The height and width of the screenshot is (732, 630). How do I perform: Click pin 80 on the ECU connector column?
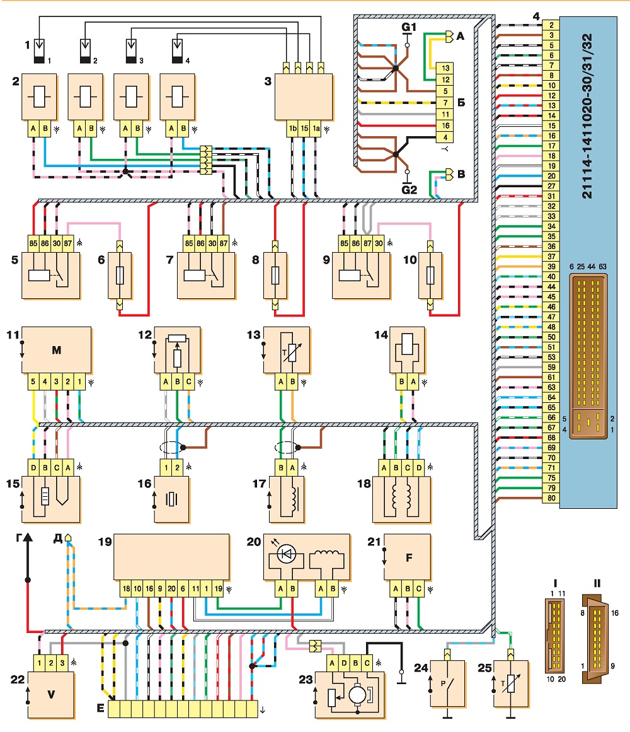click(551, 497)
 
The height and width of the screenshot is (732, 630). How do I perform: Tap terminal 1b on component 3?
click(292, 129)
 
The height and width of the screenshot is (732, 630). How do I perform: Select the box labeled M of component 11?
click(57, 350)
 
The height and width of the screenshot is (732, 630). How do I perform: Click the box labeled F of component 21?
click(409, 557)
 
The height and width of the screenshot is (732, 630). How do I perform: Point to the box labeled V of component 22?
click(51, 695)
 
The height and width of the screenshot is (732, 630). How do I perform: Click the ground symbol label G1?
click(409, 27)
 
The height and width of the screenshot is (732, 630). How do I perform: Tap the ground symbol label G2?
click(409, 190)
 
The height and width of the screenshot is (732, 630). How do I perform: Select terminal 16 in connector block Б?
click(445, 125)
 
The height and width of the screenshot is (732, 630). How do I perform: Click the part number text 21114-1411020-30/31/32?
click(587, 116)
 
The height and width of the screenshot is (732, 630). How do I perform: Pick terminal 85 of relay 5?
click(33, 243)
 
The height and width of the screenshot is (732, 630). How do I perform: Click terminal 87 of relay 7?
click(224, 243)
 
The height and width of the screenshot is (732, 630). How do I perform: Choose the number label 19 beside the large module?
click(105, 542)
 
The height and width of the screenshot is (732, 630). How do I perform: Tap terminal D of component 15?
click(33, 467)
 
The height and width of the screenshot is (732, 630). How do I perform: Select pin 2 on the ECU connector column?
click(551, 25)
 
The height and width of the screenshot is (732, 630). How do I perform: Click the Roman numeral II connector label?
click(597, 583)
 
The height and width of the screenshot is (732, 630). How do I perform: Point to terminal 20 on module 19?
click(171, 589)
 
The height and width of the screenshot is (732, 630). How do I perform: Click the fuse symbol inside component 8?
click(275, 276)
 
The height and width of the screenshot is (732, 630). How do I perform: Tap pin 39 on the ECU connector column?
click(551, 267)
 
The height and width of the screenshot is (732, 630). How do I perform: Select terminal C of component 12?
click(189, 381)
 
